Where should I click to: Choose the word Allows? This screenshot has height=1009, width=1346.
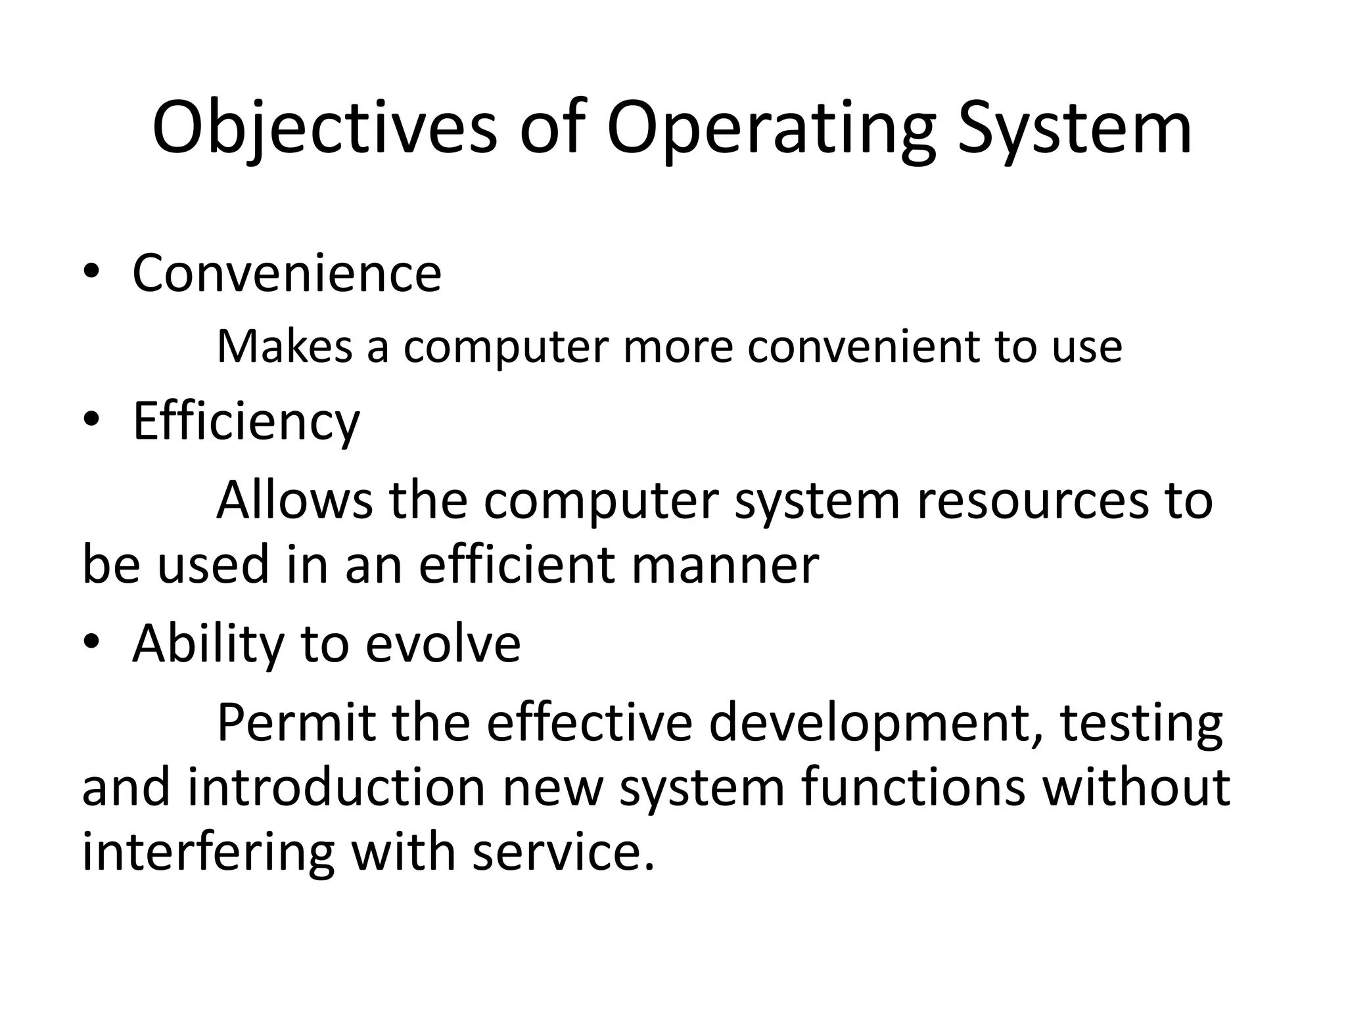point(294,501)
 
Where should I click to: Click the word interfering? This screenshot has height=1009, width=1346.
point(208,852)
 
